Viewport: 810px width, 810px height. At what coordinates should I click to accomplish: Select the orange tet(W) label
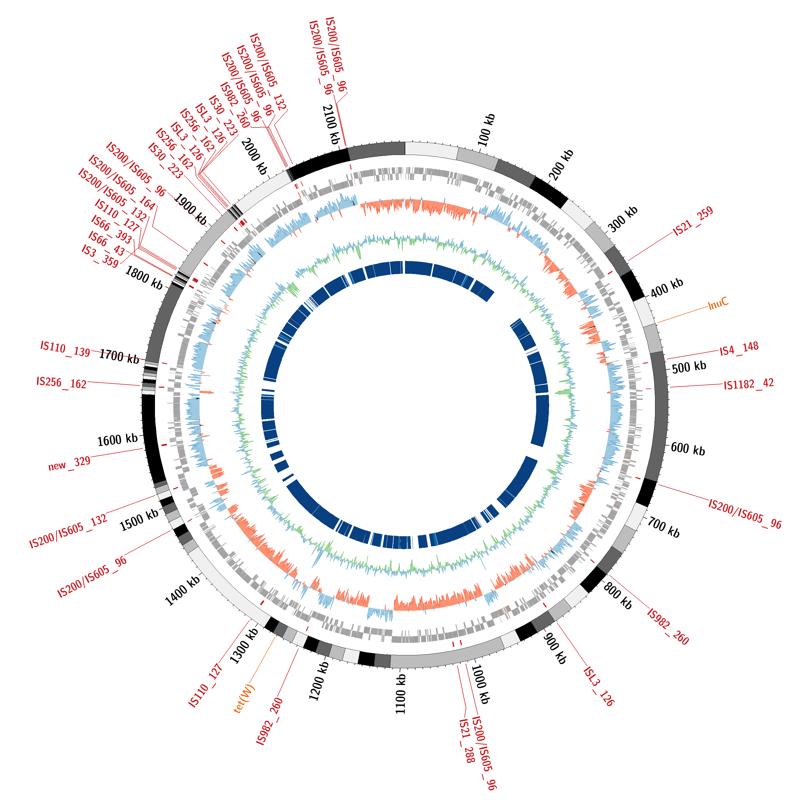point(244,699)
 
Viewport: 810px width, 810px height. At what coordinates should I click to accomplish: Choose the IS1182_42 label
point(749,384)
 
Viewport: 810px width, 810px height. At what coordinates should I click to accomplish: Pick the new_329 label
point(69,464)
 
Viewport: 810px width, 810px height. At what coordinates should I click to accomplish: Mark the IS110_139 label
point(65,349)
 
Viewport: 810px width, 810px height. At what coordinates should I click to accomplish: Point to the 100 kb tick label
point(486,130)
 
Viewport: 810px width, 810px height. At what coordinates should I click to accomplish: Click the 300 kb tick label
point(623,219)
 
